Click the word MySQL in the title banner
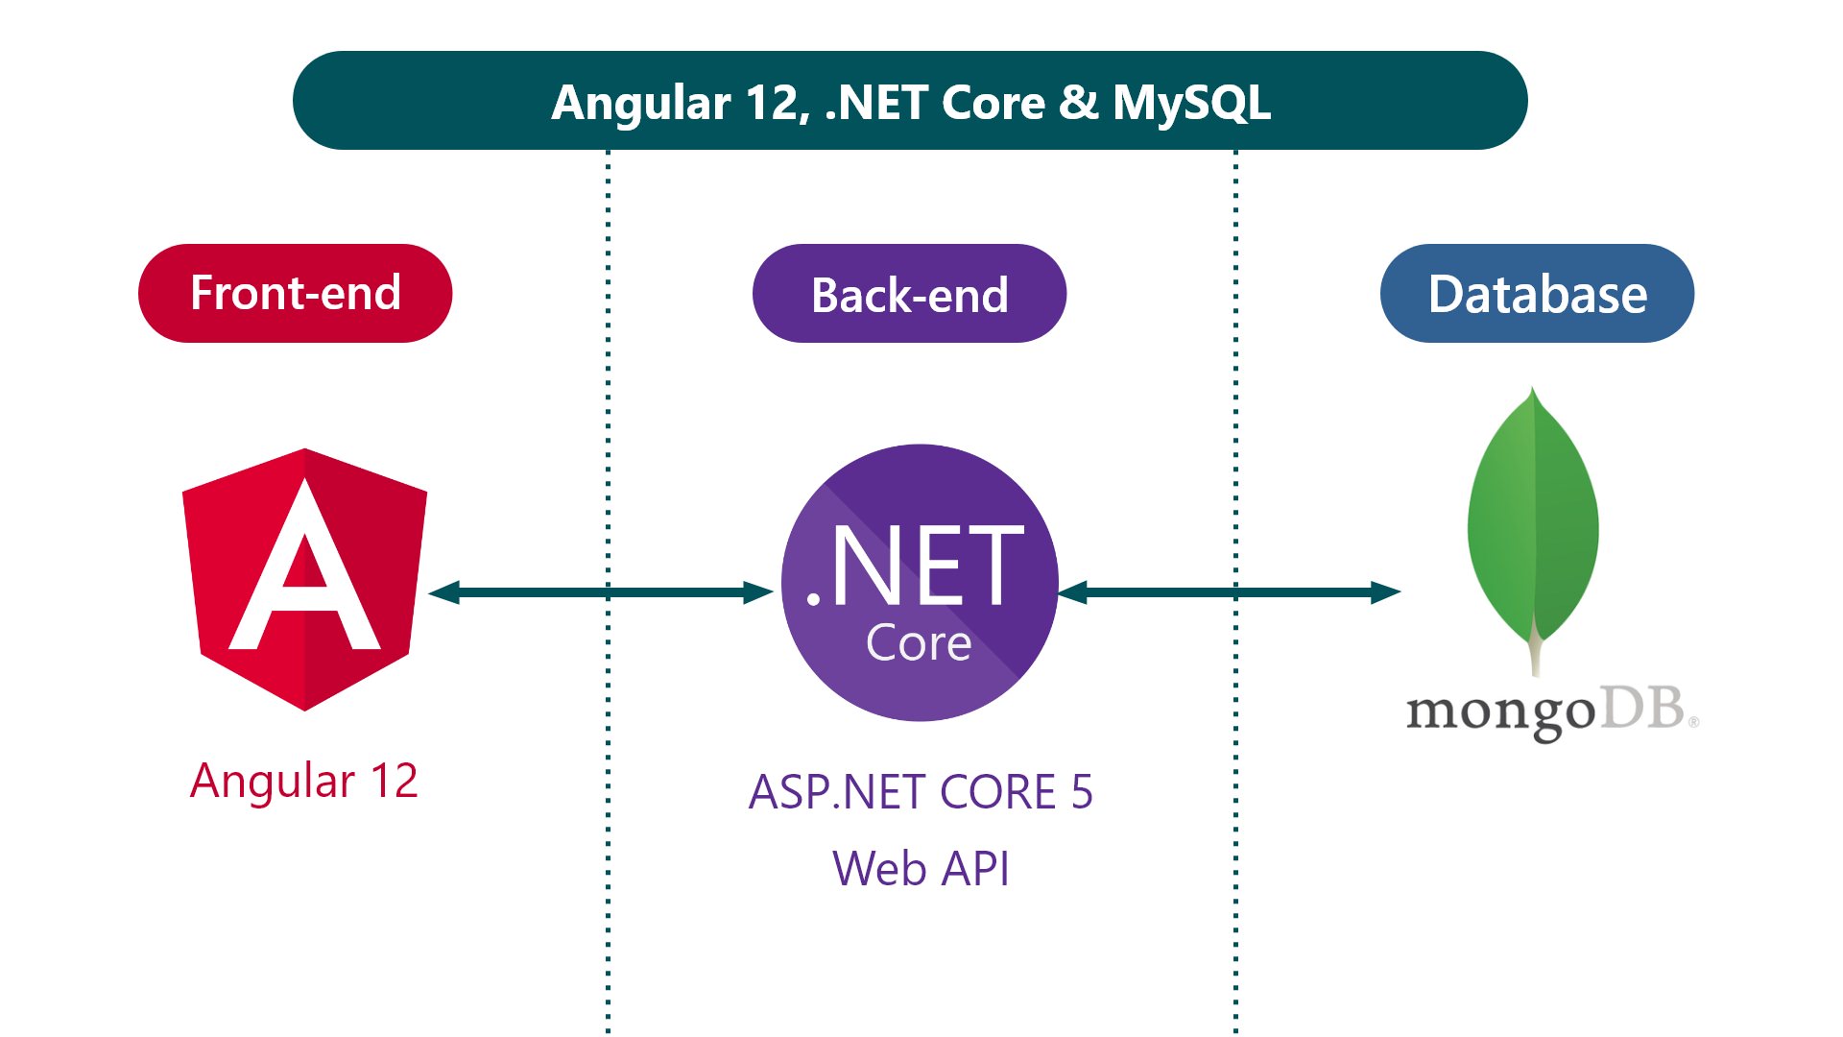tap(1191, 103)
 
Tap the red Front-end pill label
tap(295, 293)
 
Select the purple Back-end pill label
tap(909, 294)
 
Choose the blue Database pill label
tap(1537, 294)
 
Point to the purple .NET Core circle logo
tap(920, 582)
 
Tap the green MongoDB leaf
tap(1533, 518)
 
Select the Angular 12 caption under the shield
tap(303, 780)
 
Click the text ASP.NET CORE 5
tap(920, 792)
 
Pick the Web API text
tap(920, 869)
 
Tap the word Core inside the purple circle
tap(919, 643)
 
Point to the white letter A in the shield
tap(305, 576)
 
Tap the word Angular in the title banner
tap(641, 103)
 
